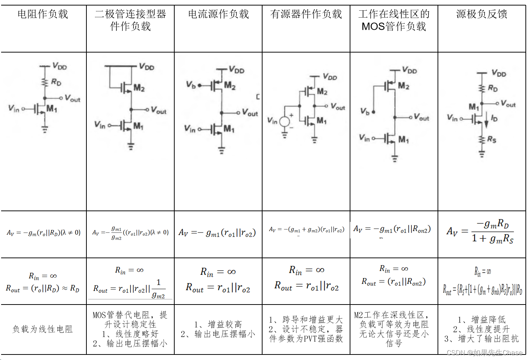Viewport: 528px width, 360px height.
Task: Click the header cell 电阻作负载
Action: click(x=43, y=14)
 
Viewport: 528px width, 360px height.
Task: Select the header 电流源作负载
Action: click(x=218, y=14)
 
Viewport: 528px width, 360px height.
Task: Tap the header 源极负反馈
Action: click(x=482, y=14)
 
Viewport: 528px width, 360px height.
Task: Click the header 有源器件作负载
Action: click(x=306, y=14)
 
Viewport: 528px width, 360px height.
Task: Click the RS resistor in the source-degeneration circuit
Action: click(x=482, y=140)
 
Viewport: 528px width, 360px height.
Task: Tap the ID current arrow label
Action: click(x=494, y=118)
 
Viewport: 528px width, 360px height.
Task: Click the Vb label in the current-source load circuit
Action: click(x=190, y=85)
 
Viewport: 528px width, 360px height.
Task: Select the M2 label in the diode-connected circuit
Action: click(x=139, y=88)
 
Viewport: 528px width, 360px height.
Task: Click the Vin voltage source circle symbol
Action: click(x=285, y=122)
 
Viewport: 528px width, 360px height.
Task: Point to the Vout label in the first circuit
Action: click(x=72, y=98)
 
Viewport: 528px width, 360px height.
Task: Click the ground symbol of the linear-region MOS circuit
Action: click(x=395, y=159)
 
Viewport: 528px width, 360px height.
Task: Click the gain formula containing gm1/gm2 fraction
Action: click(x=130, y=233)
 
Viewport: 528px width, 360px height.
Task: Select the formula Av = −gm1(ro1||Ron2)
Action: click(x=392, y=230)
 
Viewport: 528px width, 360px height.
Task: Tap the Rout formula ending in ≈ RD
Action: click(x=43, y=288)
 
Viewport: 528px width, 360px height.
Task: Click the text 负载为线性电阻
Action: click(x=43, y=329)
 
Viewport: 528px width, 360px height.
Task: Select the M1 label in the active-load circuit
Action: click(x=321, y=120)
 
